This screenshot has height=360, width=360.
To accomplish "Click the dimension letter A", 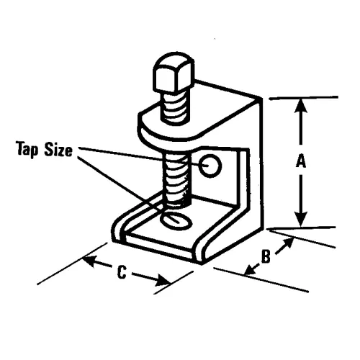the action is [x=301, y=161].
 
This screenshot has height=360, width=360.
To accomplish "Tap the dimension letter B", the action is [x=266, y=257].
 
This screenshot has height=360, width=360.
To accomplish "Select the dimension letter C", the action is [x=122, y=272].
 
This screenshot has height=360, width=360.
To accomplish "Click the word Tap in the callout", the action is [x=27, y=149].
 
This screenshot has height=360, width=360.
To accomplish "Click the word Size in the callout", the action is [x=58, y=150].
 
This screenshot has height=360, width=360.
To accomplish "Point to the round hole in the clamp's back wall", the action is [x=210, y=166].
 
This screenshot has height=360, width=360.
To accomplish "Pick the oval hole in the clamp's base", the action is [x=176, y=221].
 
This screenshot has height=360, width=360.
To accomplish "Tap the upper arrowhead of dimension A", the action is [x=301, y=107].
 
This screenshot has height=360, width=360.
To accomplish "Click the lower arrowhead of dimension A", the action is [x=301, y=218].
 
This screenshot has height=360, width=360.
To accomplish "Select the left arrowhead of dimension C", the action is [x=89, y=261].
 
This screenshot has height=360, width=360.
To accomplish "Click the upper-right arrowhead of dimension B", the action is [x=288, y=243].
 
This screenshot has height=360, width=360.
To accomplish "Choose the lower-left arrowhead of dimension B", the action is [x=251, y=269].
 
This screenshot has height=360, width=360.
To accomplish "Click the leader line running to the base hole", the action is [x=128, y=189].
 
